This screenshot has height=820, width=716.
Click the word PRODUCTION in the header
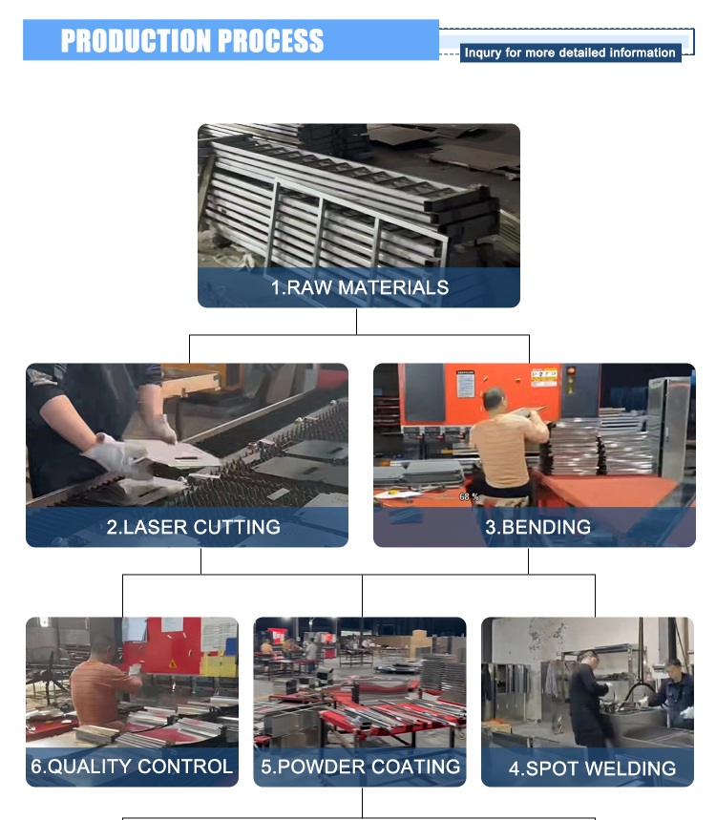point(136,41)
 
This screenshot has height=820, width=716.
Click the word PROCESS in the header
point(270,41)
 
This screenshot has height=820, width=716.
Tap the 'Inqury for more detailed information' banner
point(570,53)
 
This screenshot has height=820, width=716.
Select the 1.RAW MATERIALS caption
point(360,287)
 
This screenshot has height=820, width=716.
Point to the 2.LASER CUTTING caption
point(194,527)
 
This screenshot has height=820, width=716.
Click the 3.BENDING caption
point(538,527)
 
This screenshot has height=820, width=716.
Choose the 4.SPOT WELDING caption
point(592,768)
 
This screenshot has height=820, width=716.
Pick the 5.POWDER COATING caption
point(360,767)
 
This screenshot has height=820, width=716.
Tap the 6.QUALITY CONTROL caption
point(132,767)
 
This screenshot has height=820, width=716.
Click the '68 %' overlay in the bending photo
point(469,496)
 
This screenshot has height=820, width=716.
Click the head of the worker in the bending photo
point(494,400)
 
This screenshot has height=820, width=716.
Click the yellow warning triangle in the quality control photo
point(172,664)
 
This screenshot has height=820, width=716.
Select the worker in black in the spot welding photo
point(589,698)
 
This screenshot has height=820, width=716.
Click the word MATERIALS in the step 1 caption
point(393,287)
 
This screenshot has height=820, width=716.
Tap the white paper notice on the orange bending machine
point(466,385)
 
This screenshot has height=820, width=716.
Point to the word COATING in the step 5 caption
point(416,767)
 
